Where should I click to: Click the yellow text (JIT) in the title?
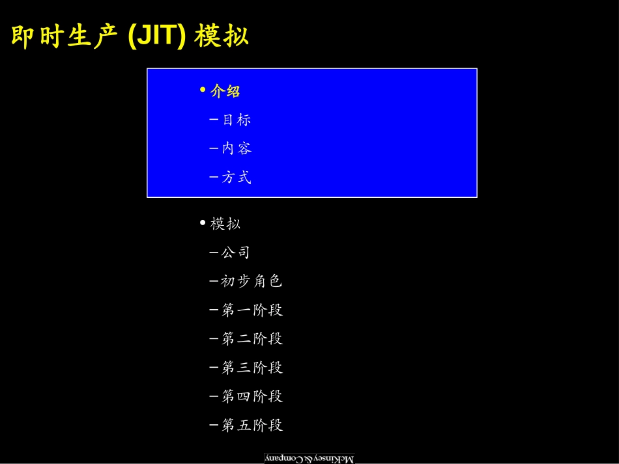pyautogui.click(x=157, y=36)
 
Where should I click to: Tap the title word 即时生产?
pyautogui.click(x=65, y=36)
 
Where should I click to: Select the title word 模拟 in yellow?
pyautogui.click(x=222, y=36)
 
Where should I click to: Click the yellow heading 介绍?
pyautogui.click(x=225, y=91)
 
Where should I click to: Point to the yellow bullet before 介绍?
pyautogui.click(x=203, y=90)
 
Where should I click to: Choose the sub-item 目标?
pyautogui.click(x=237, y=120)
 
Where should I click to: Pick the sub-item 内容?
pyautogui.click(x=237, y=148)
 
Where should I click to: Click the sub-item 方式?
pyautogui.click(x=237, y=178)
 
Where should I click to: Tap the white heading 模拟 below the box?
pyautogui.click(x=225, y=223)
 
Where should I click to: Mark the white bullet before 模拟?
pyautogui.click(x=203, y=223)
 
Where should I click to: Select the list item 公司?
pyautogui.click(x=236, y=252)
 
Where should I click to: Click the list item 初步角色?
pyautogui.click(x=252, y=281)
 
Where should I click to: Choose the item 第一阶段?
pyautogui.click(x=252, y=310)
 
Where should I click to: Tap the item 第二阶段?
pyautogui.click(x=252, y=338)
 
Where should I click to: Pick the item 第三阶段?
pyautogui.click(x=252, y=368)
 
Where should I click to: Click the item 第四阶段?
pyautogui.click(x=252, y=396)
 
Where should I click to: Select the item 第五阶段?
pyautogui.click(x=252, y=425)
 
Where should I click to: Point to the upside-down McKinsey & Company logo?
pyautogui.click(x=309, y=459)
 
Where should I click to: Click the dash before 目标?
pyautogui.click(x=214, y=119)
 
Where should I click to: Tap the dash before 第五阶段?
pyautogui.click(x=214, y=424)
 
